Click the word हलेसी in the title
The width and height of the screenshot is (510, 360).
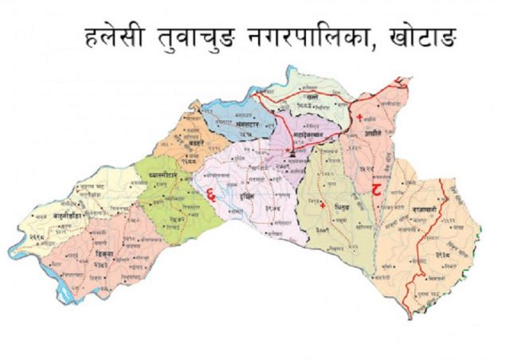pos(109,37)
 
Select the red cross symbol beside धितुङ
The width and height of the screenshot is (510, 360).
pos(324,205)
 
